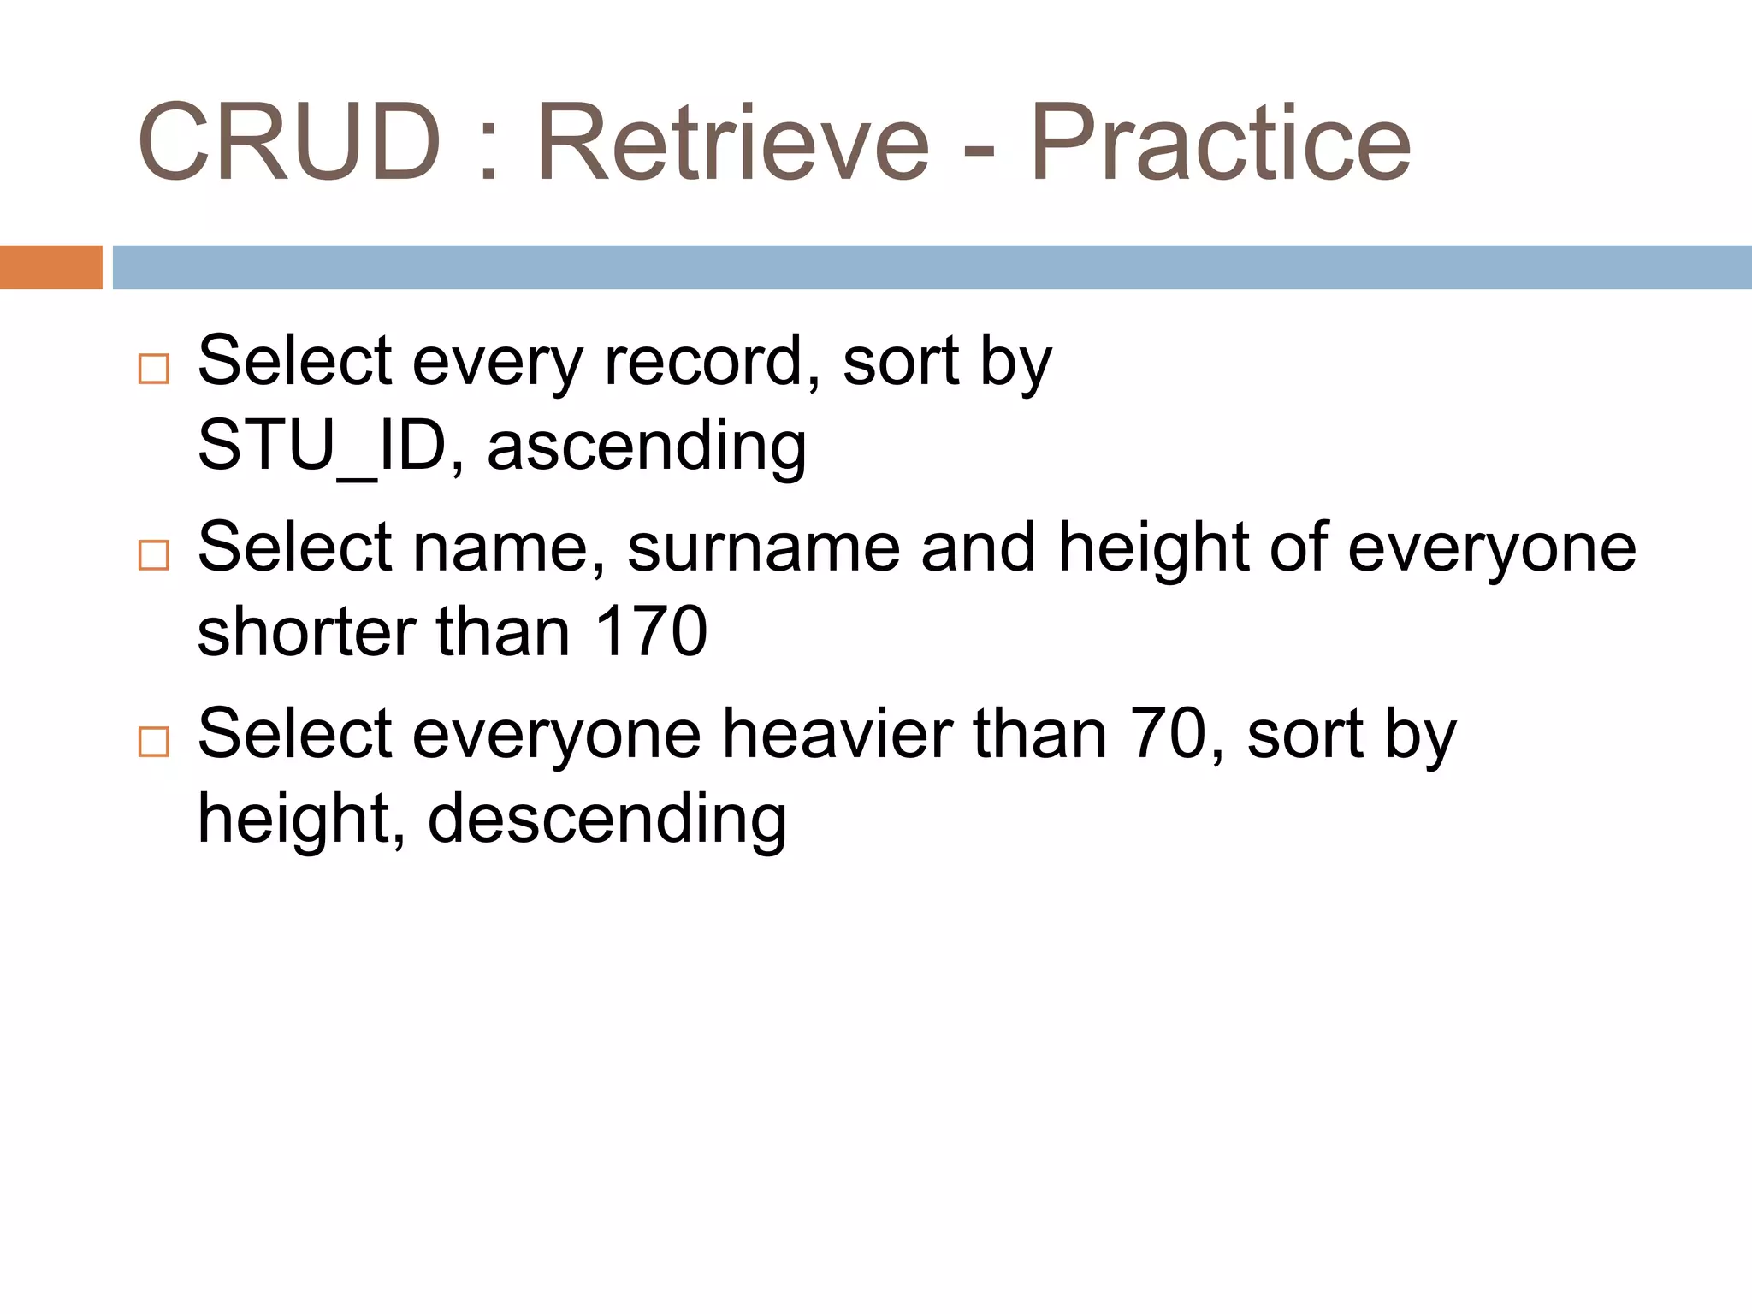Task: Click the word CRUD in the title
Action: (289, 143)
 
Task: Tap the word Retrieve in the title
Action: (732, 143)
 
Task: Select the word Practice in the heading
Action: (1221, 143)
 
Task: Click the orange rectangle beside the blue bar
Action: (50, 267)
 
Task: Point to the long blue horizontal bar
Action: (932, 267)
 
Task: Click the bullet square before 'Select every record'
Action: (154, 369)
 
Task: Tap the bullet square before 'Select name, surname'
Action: (154, 555)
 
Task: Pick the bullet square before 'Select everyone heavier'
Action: (154, 741)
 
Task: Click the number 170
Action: (651, 631)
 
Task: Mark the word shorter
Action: (306, 631)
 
